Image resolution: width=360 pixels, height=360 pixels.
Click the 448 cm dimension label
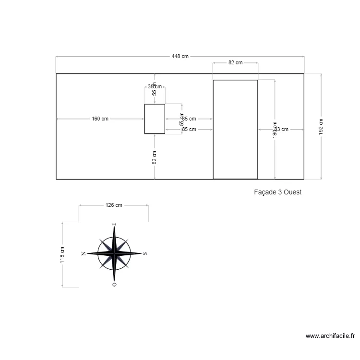[180, 56]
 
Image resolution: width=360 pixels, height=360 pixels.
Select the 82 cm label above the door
[235, 62]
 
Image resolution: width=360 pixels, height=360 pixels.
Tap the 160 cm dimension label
[100, 119]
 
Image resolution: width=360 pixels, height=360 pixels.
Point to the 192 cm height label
[321, 127]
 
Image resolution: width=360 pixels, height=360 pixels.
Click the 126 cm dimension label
[114, 205]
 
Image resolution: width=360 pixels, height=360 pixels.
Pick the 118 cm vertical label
[62, 255]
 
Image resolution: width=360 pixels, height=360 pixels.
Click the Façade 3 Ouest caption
[277, 192]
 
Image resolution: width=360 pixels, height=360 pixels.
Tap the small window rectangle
[155, 119]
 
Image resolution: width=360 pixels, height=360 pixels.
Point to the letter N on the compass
[84, 253]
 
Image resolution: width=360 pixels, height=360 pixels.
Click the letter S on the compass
[145, 253]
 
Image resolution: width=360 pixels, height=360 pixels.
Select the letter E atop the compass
[114, 224]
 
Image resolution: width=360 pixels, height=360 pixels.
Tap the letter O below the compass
[114, 284]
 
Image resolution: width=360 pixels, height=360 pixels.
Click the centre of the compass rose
[114, 253]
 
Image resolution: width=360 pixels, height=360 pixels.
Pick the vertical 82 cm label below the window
[155, 157]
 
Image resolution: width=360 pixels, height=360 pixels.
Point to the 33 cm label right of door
[282, 129]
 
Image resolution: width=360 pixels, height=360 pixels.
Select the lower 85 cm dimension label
[189, 129]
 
